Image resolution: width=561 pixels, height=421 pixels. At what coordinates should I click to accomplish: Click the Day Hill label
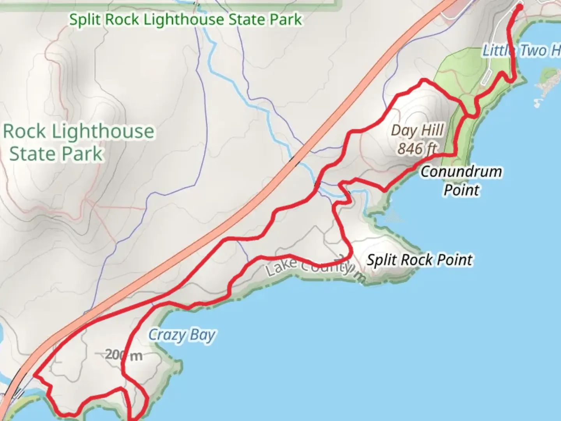click(417, 130)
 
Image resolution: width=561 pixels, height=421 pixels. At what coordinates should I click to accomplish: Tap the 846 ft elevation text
click(417, 149)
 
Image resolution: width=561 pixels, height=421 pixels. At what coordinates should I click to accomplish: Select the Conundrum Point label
click(461, 180)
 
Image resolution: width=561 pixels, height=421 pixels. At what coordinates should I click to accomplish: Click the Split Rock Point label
click(420, 260)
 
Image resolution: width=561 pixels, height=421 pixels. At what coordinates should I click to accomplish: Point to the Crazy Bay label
click(182, 335)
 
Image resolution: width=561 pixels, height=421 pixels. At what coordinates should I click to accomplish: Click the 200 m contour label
click(123, 355)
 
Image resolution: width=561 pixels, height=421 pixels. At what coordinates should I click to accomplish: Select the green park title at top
click(185, 19)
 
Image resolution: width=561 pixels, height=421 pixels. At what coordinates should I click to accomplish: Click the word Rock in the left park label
click(24, 132)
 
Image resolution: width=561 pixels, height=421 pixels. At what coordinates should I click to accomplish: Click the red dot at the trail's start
click(519, 7)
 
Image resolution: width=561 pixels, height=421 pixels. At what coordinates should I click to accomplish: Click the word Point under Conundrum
click(462, 190)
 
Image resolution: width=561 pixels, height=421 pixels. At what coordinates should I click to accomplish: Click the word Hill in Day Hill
click(432, 130)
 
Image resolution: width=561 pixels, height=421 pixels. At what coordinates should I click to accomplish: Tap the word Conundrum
click(461, 172)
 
